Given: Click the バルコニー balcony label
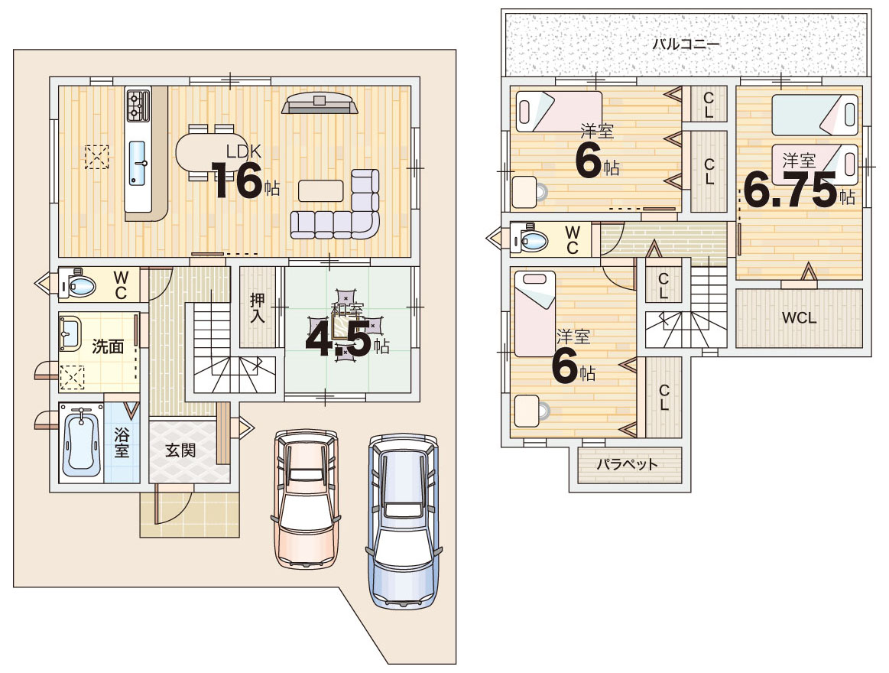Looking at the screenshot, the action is [x=686, y=44].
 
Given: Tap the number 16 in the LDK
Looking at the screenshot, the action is [x=236, y=180].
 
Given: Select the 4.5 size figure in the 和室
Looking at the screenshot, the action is [x=339, y=340].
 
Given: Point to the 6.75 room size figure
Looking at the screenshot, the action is [x=790, y=190].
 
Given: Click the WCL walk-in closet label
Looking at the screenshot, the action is [x=799, y=318].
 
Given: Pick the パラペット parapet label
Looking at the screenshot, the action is [x=627, y=465].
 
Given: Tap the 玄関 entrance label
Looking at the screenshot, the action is [x=180, y=450].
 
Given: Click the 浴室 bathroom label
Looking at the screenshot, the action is [x=122, y=443].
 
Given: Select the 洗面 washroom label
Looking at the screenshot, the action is [x=108, y=346].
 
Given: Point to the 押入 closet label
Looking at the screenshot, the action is [x=258, y=308].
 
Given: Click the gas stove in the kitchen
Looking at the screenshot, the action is [x=138, y=106].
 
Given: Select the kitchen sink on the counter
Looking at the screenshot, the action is [x=137, y=163].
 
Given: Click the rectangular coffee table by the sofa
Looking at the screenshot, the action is [x=321, y=190].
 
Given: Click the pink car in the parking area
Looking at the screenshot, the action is [x=307, y=498].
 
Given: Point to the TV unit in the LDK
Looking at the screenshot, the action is [x=320, y=104].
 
